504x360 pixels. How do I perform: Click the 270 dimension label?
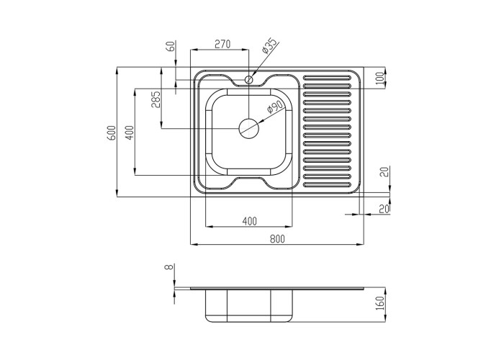(x=222, y=44)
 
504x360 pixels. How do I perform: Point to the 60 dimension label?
(x=171, y=45)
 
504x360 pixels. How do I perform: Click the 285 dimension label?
(x=156, y=99)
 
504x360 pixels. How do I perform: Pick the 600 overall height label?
(x=111, y=132)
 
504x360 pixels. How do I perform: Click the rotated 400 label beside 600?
(x=129, y=132)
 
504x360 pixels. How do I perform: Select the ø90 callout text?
(x=274, y=107)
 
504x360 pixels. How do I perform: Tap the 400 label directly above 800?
(x=249, y=221)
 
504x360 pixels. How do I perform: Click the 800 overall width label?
(x=277, y=239)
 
